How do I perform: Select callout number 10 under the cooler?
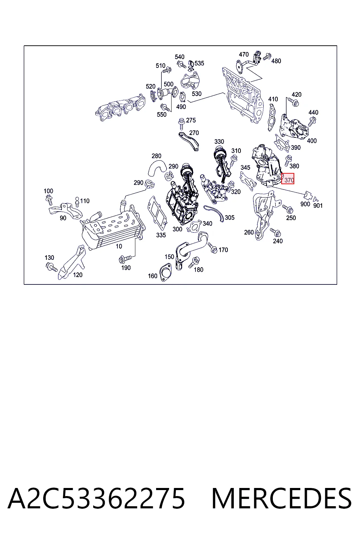(x=119, y=246)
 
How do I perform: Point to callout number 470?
(x=244, y=54)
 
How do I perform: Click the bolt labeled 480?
(x=267, y=57)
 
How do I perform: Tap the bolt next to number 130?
(x=51, y=267)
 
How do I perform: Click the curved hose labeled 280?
(x=157, y=168)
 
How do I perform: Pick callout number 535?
(x=199, y=63)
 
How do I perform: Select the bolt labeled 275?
(x=181, y=124)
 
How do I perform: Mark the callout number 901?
(x=318, y=205)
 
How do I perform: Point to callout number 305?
(x=230, y=218)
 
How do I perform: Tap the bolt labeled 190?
(x=125, y=259)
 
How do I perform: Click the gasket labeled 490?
(x=183, y=97)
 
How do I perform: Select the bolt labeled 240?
(x=275, y=232)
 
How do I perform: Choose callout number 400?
(x=311, y=141)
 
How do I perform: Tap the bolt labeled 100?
(x=49, y=200)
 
